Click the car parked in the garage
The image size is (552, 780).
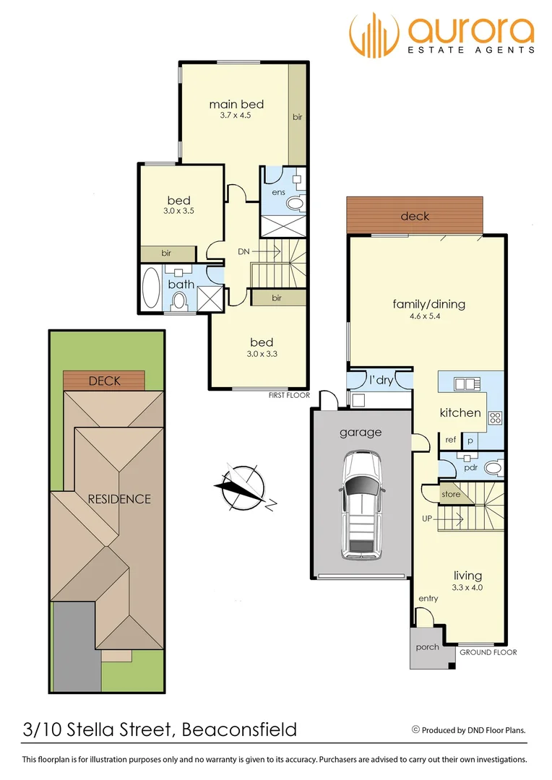[x=362, y=505]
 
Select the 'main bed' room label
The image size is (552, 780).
[x=236, y=105]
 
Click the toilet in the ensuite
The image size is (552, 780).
[x=296, y=204]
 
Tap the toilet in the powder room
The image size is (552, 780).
[x=493, y=468]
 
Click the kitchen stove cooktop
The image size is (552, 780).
[x=495, y=417]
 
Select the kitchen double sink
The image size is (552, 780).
[x=463, y=383]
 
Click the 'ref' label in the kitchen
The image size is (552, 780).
[x=450, y=440]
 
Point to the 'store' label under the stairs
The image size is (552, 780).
[x=451, y=495]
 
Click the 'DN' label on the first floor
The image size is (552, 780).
[x=244, y=252]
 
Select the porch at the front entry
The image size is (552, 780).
[x=427, y=647]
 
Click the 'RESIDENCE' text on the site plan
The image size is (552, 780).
[x=119, y=499]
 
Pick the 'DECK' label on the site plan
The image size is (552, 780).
[x=104, y=381]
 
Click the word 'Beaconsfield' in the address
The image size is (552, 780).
[x=238, y=729]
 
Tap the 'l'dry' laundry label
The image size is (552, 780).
[x=380, y=380]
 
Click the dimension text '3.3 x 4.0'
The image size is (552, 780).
[x=467, y=587]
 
